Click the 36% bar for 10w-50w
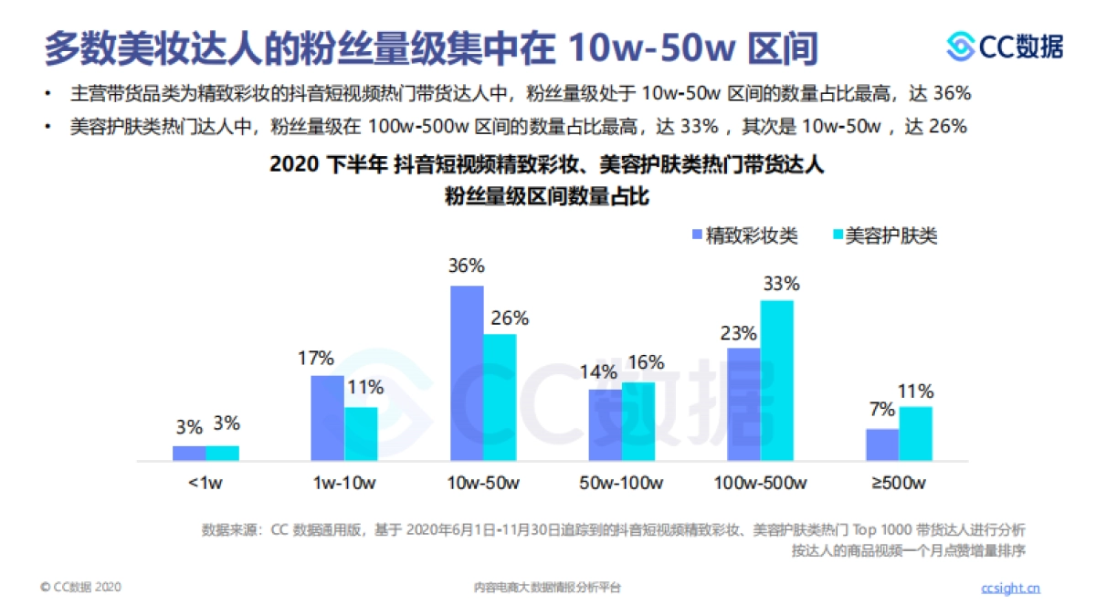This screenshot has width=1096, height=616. coord(467,374)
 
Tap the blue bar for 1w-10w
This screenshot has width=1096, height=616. coord(327,418)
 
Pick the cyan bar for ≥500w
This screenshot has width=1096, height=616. coord(916,433)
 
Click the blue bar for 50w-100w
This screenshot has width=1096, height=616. coord(605,425)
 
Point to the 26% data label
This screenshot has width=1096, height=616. coord(510,318)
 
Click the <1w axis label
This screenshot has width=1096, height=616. coord(205,482)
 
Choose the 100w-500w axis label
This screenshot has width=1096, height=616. coord(761,482)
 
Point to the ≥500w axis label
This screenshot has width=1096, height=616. coord(900,482)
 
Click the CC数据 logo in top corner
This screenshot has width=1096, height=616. coord(1005,46)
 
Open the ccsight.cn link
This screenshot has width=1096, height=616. coord(1010,588)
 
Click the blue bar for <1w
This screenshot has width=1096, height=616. coord(189,453)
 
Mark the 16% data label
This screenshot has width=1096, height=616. coord(646,362)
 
